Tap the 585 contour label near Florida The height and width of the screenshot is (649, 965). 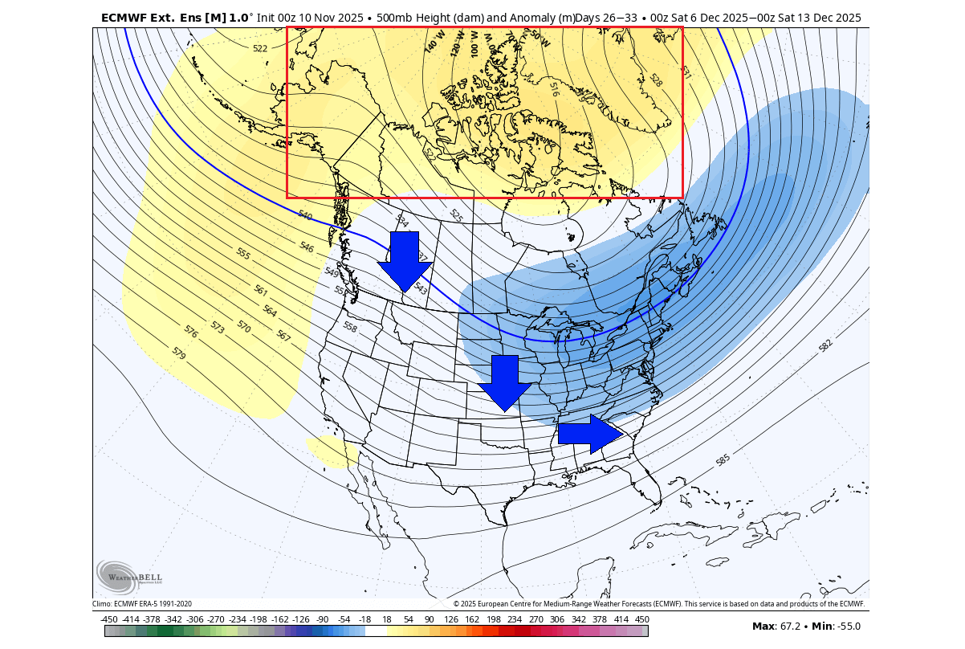tap(723, 460)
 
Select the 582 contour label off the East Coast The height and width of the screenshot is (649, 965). tap(825, 345)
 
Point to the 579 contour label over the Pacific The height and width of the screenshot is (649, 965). tap(179, 352)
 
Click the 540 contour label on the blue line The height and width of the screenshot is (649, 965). tap(305, 215)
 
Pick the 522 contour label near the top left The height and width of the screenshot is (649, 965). tap(260, 49)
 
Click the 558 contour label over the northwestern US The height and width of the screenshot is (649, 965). tap(350, 327)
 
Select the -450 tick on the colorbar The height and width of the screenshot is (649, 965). tap(110, 619)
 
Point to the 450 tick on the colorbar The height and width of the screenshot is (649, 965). tap(641, 619)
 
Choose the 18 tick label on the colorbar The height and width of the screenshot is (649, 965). tap(386, 619)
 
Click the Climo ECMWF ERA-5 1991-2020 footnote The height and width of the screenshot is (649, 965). tap(142, 604)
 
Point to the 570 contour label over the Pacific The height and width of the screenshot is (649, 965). tap(244, 326)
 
